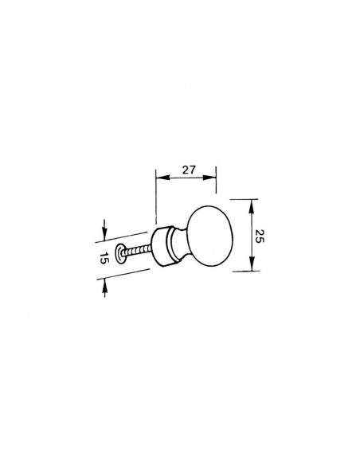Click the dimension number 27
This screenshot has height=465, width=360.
pyautogui.click(x=189, y=170)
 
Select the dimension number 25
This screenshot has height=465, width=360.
pyautogui.click(x=259, y=236)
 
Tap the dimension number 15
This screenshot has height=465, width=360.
pyautogui.click(x=104, y=258)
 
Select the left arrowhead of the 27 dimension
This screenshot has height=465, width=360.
pyautogui.click(x=162, y=178)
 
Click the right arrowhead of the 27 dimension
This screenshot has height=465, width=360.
pyautogui.click(x=209, y=178)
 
